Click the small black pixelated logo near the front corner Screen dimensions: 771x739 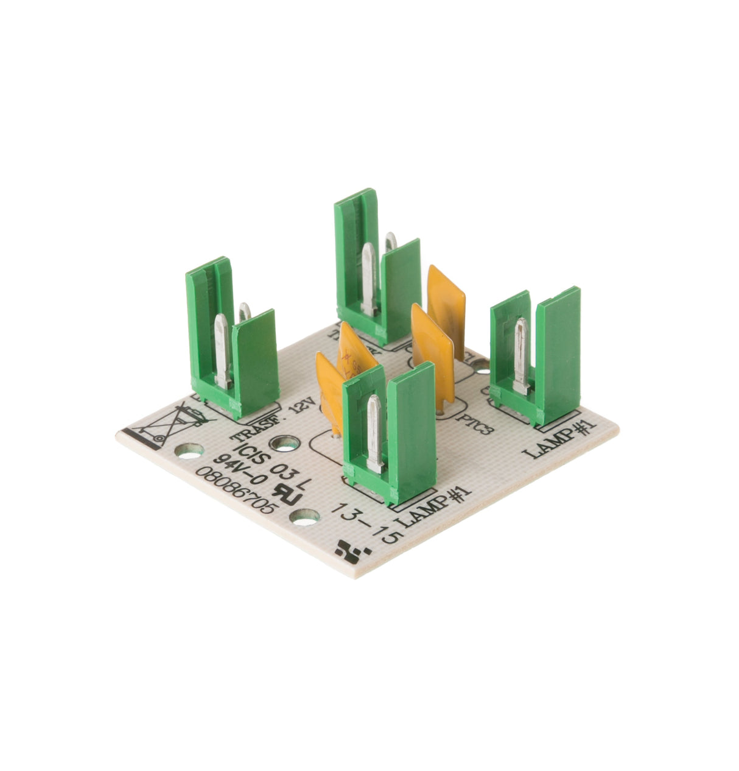coord(352,550)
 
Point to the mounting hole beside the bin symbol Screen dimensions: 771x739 coord(191,452)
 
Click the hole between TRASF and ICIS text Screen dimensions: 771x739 coord(285,443)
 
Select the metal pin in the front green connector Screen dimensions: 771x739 coord(374,433)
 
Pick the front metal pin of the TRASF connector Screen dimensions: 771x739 coord(222,350)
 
